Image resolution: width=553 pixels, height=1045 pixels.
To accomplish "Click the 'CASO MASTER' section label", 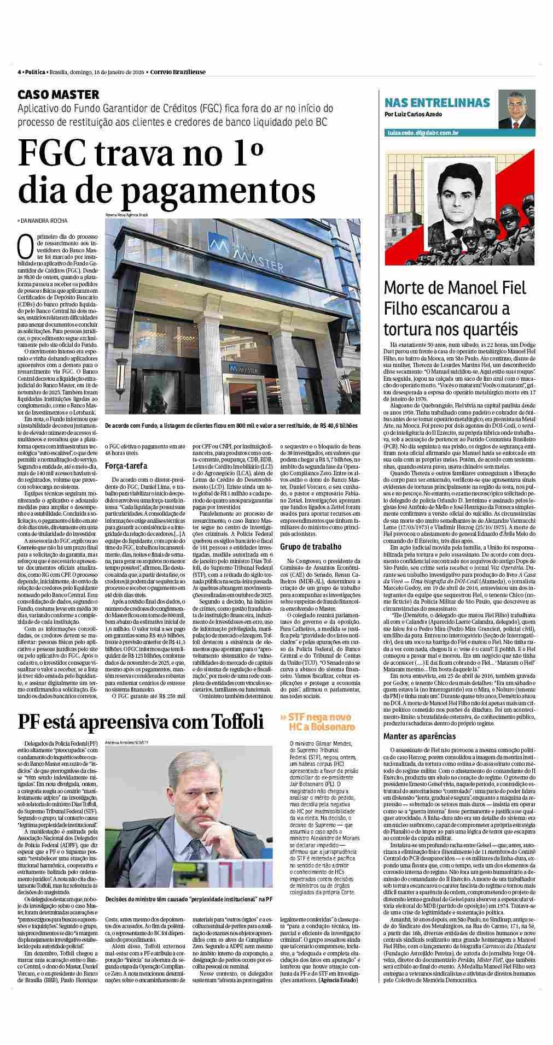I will point(58,94).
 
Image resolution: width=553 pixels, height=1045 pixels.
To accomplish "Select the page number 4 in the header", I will point(19,72).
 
